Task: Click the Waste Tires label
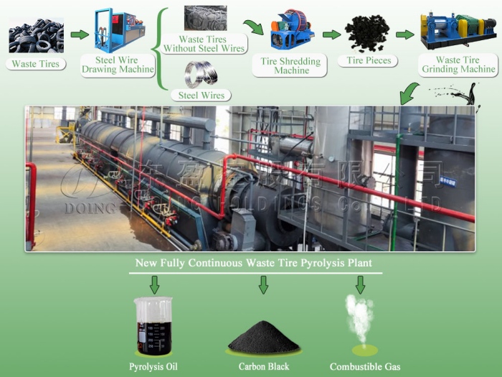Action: [35, 64]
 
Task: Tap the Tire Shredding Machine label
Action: [291, 66]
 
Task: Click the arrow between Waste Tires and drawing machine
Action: [80, 34]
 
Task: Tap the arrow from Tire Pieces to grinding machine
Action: [405, 34]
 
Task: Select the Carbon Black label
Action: [263, 367]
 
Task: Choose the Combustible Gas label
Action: [365, 367]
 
